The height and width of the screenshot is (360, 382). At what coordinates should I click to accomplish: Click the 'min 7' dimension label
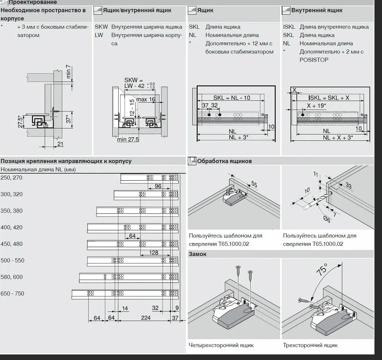(68, 72)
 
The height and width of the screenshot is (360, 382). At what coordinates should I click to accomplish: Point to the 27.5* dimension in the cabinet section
(20, 121)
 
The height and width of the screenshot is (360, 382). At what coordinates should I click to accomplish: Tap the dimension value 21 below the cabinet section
(60, 144)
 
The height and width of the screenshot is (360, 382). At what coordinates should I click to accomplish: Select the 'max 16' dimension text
(146, 99)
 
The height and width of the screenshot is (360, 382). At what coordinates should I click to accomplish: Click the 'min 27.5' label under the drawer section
(128, 140)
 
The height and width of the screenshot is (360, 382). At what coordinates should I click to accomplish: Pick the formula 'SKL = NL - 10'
(232, 98)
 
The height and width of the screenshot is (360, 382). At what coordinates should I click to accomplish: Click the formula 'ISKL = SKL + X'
(329, 98)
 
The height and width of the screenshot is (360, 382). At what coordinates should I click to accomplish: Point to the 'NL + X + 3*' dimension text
(338, 138)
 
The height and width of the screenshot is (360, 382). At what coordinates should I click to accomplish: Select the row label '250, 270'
(12, 178)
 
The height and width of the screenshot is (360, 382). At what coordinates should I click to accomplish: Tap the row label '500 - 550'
(12, 261)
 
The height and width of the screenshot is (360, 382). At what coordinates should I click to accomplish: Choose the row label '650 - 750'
(12, 294)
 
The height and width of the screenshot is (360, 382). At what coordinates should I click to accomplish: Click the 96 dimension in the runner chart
(158, 186)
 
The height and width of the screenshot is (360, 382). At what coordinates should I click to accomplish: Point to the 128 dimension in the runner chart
(154, 253)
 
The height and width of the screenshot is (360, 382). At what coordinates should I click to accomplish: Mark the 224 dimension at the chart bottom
(146, 317)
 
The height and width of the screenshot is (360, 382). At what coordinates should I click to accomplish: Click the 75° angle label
(322, 269)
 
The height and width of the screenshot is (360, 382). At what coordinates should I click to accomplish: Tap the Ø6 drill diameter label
(327, 219)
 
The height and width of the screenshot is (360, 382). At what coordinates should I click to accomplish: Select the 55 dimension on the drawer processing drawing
(254, 184)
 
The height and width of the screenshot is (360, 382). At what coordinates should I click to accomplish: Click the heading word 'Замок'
(198, 254)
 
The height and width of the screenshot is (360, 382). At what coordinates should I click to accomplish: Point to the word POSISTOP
(314, 60)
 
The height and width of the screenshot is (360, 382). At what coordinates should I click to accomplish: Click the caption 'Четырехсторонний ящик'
(221, 345)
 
